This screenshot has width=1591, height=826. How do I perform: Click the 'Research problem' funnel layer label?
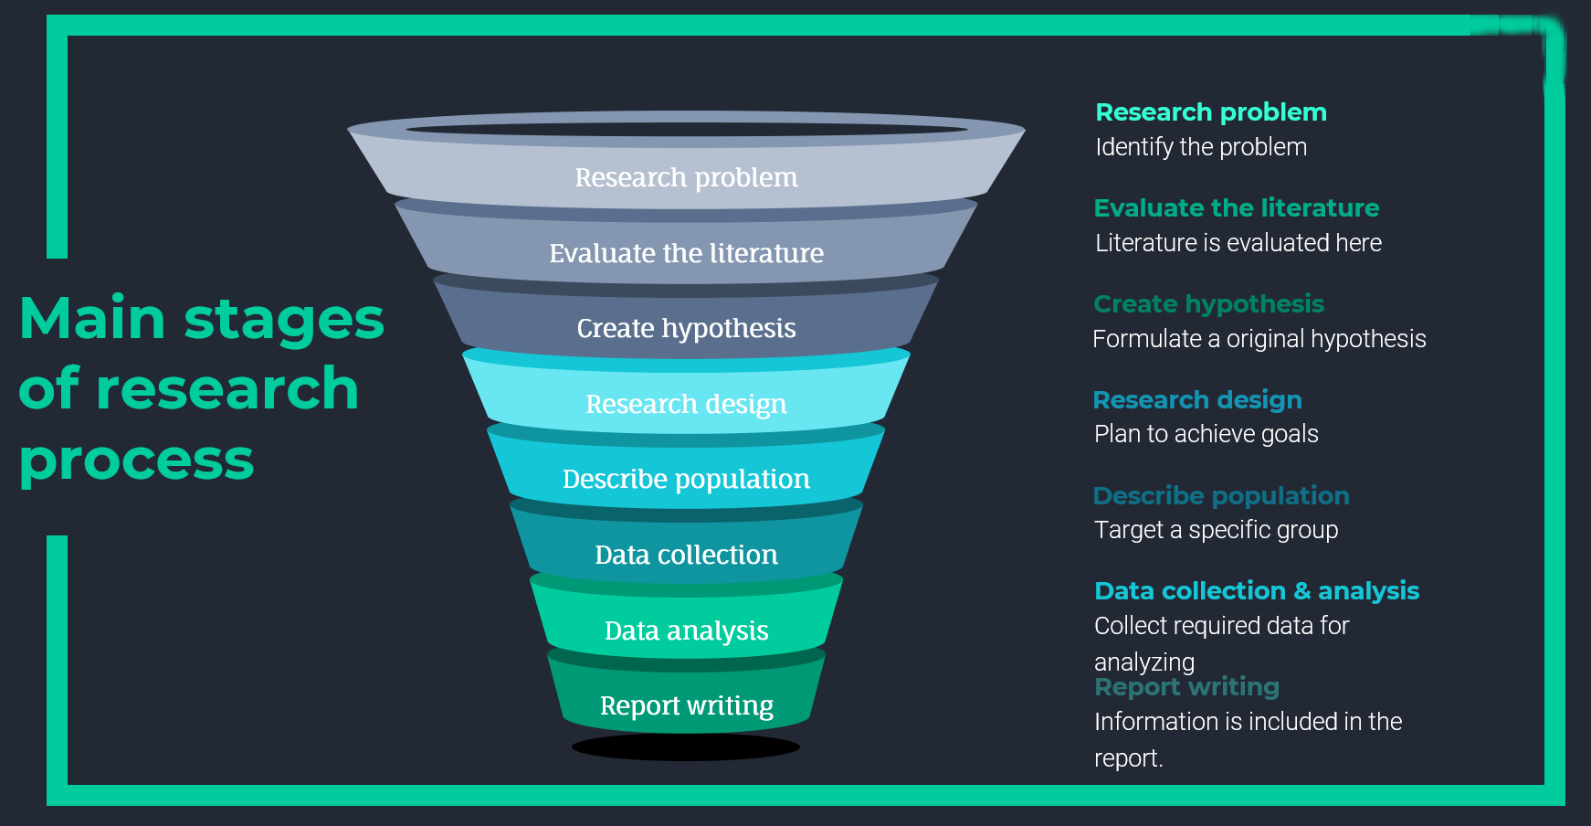click(x=686, y=177)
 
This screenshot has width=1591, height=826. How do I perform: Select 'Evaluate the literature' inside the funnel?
click(x=686, y=253)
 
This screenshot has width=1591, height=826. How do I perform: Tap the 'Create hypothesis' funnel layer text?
click(x=686, y=328)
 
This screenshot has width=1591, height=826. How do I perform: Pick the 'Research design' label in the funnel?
click(x=686, y=404)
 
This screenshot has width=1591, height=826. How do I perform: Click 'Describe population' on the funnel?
click(x=686, y=479)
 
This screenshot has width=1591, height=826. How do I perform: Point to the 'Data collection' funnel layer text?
click(x=686, y=555)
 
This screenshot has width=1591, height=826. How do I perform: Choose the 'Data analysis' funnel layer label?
click(x=686, y=630)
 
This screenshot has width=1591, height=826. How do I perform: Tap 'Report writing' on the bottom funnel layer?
click(x=686, y=705)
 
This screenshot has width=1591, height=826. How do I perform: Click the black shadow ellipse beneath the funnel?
click(x=686, y=747)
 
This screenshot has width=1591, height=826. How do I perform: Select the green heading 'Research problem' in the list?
click(x=1211, y=112)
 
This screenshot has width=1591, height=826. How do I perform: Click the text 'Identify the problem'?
click(x=1201, y=147)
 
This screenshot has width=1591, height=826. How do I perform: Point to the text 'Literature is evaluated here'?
click(x=1238, y=243)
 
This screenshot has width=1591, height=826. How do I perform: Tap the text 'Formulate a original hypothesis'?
click(x=1259, y=339)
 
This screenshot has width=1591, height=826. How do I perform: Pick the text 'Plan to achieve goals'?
click(x=1206, y=434)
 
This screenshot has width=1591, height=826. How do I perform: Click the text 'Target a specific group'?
click(x=1217, y=530)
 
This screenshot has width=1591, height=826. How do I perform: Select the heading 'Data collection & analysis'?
click(x=1257, y=591)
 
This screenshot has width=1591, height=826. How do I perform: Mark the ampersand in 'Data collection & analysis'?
click(x=1301, y=591)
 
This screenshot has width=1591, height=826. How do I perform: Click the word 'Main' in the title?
click(x=92, y=319)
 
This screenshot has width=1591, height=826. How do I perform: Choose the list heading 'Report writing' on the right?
click(x=1186, y=687)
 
